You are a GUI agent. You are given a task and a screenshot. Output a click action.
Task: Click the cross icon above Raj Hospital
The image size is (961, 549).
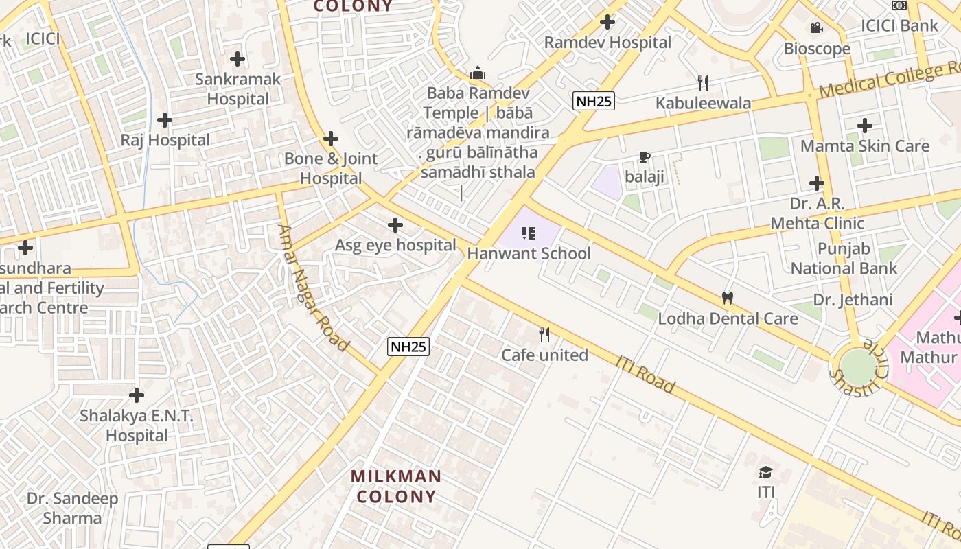(x=165, y=120)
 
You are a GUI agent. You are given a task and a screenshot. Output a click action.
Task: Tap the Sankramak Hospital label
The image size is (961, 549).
(x=238, y=89)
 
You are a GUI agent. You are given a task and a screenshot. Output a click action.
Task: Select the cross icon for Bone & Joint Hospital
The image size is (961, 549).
(x=331, y=139)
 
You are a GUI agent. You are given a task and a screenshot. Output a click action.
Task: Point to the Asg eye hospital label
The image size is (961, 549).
(x=395, y=245)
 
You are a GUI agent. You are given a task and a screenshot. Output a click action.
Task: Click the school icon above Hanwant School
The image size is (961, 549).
(x=528, y=233)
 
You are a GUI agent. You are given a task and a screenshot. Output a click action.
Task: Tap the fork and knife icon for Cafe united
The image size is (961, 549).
(x=544, y=335)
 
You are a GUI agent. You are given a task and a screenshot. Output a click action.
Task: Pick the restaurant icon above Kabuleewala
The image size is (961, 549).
(x=702, y=83)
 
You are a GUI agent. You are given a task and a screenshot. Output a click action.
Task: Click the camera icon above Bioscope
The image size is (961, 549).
(x=816, y=28)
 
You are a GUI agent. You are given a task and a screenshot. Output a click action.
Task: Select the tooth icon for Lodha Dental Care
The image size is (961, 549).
(x=728, y=299)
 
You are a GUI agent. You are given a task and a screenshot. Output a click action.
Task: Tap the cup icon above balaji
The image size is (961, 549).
(x=644, y=157)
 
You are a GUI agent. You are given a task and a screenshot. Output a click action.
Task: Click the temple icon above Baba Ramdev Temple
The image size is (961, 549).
(x=478, y=73)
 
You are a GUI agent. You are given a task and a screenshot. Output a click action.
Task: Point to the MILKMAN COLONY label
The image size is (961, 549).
(x=396, y=486)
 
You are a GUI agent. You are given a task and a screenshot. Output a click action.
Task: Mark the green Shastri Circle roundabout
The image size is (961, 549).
(x=859, y=366)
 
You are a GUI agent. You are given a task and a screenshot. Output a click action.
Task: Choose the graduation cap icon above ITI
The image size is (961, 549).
(x=766, y=472)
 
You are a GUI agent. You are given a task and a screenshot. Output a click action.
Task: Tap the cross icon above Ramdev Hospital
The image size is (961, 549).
(x=607, y=22)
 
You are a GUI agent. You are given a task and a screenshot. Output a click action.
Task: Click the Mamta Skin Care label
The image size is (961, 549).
(x=865, y=146)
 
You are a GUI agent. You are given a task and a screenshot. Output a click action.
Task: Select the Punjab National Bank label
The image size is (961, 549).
(x=844, y=258)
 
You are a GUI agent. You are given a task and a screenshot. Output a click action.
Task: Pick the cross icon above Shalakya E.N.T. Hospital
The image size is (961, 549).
(x=137, y=395)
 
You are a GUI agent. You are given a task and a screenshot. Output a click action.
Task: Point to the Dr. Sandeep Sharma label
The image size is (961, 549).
(x=72, y=508)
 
